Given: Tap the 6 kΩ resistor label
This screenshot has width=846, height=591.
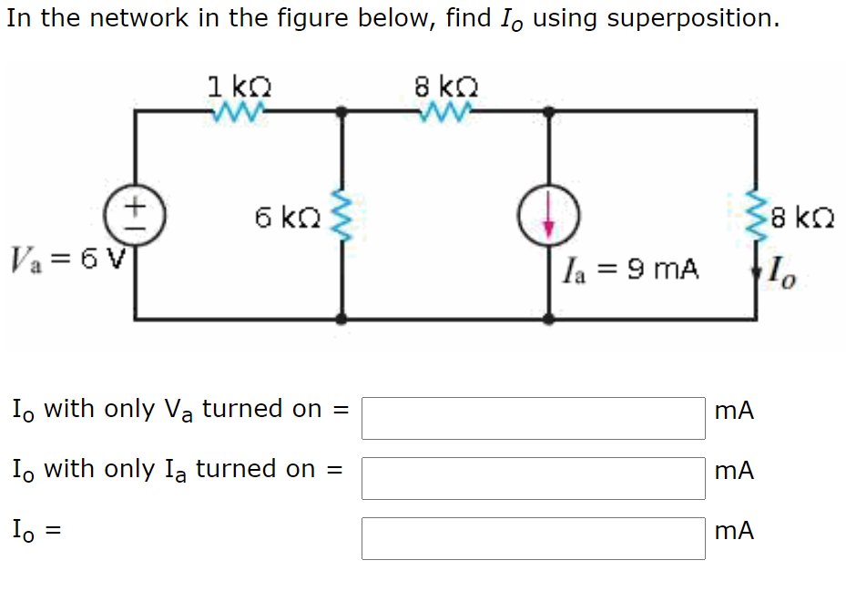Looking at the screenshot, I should (x=286, y=219).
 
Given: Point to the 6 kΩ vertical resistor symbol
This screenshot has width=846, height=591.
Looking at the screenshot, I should (x=341, y=217).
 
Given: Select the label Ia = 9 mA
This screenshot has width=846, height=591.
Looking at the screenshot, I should (x=631, y=270).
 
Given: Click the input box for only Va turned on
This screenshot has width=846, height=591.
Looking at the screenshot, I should (x=533, y=418).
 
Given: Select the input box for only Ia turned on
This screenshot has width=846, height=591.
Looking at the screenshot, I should (x=533, y=478).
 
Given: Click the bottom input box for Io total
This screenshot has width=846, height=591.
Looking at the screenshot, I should (x=533, y=538).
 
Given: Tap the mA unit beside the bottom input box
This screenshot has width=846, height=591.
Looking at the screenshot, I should (x=735, y=532).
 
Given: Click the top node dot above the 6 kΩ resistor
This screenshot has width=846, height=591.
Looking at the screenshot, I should (x=341, y=112).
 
